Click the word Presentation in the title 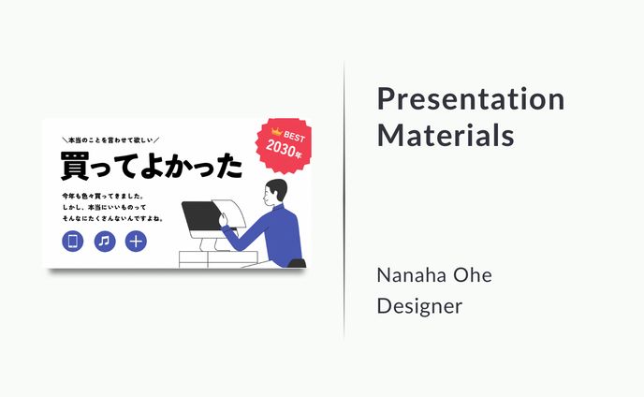471,99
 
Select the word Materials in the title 446,135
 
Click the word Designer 419,306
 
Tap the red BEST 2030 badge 284,145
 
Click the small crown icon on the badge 276,132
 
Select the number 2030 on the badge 281,148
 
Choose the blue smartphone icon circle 73,241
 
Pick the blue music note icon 105,241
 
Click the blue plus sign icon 136,241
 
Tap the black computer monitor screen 202,215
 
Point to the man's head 275,192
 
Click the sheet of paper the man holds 229,212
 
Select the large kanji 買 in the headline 75,165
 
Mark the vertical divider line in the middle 344,200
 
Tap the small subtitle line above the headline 110,140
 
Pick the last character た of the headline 229,166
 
